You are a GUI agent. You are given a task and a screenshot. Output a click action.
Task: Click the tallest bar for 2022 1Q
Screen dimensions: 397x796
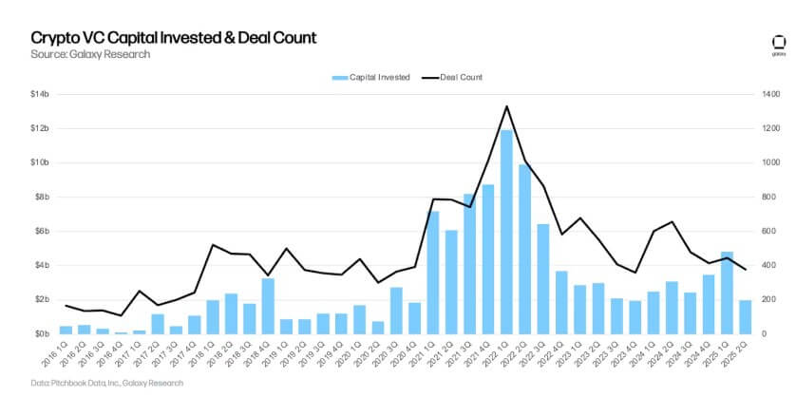[x=506, y=232]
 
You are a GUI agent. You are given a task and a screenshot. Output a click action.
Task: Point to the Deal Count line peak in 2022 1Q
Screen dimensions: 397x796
[x=506, y=106]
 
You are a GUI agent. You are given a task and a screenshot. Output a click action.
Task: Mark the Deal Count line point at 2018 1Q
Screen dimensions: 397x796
[x=213, y=245]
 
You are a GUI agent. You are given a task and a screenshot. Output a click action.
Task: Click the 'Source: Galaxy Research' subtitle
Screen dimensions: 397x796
[x=89, y=54]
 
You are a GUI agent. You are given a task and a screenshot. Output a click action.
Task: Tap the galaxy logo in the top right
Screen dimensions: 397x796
[x=777, y=44]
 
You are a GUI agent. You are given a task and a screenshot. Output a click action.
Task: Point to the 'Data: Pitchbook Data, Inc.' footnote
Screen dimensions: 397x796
[x=105, y=383]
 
